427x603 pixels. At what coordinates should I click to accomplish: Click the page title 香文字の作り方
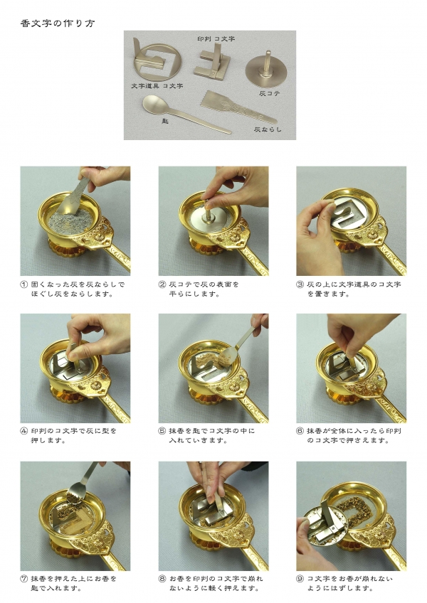pyautogui.click(x=58, y=23)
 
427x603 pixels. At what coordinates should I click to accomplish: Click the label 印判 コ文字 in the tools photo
pyautogui.click(x=216, y=39)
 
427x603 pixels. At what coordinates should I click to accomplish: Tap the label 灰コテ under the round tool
pyautogui.click(x=270, y=93)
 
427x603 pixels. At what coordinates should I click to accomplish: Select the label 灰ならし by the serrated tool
pyautogui.click(x=268, y=129)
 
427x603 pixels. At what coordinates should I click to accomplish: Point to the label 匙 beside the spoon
pyautogui.click(x=165, y=121)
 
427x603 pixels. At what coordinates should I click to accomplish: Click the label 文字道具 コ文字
pyautogui.click(x=157, y=86)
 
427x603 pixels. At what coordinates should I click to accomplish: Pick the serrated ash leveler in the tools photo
pyautogui.click(x=238, y=107)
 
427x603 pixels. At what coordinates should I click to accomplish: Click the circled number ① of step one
pyautogui.click(x=24, y=284)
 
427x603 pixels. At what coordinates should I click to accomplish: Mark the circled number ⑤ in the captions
pyautogui.click(x=162, y=431)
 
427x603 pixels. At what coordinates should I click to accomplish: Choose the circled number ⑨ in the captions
pyautogui.click(x=300, y=578)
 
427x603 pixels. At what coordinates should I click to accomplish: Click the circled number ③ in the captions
pyautogui.click(x=300, y=284)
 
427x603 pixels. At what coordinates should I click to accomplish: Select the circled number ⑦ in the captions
pyautogui.click(x=24, y=578)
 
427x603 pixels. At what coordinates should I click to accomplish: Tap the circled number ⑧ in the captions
pyautogui.click(x=162, y=578)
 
